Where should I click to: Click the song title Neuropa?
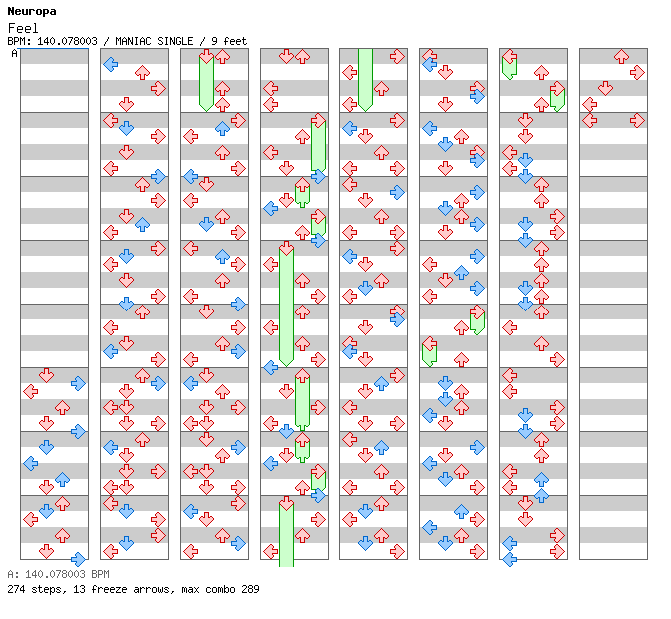pyautogui.click(x=32, y=11)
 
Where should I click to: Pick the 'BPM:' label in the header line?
pyautogui.click(x=17, y=41)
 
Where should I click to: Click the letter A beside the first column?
pyautogui.click(x=14, y=53)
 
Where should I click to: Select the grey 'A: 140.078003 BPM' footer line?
pyautogui.click(x=58, y=575)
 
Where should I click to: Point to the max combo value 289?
pyautogui.click(x=250, y=589)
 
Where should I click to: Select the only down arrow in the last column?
pyautogui.click(x=605, y=88)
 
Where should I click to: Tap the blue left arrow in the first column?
pyautogui.click(x=30, y=463)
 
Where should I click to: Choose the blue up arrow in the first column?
pyautogui.click(x=62, y=479)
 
